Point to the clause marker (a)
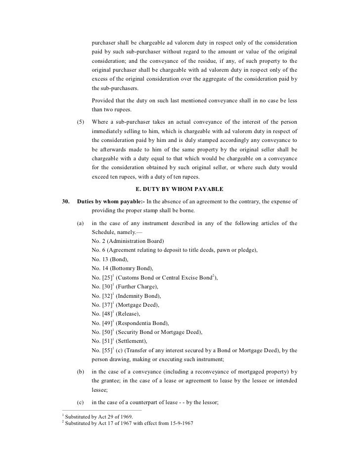81,223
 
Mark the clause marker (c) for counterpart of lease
81,402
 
